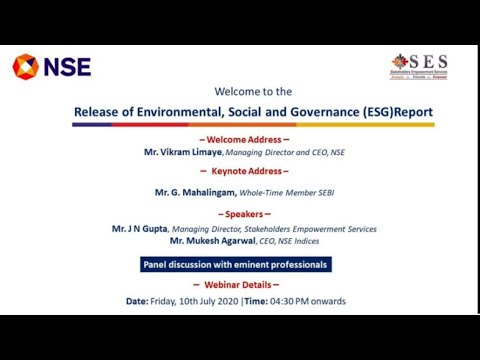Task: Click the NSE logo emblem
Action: coord(25,67)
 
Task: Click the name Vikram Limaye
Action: coord(185,153)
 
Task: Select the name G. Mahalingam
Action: coord(195,191)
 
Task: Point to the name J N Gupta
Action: coord(140,229)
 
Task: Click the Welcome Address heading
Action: coord(245,140)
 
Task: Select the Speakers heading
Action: coord(245,215)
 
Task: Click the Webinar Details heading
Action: coord(245,285)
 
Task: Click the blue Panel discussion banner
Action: coord(235,265)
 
